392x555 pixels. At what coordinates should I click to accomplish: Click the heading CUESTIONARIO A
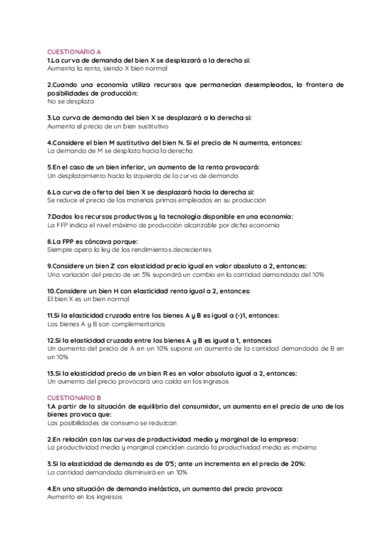pyautogui.click(x=74, y=51)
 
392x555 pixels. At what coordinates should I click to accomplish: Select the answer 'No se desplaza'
pyautogui.click(x=71, y=101)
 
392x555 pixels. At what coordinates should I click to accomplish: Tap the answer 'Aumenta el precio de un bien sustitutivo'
pyautogui.click(x=108, y=126)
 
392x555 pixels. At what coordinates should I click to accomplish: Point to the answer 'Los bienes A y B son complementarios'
pyautogui.click(x=106, y=323)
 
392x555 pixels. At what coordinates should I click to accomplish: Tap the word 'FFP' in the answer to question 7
pyautogui.click(x=63, y=224)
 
